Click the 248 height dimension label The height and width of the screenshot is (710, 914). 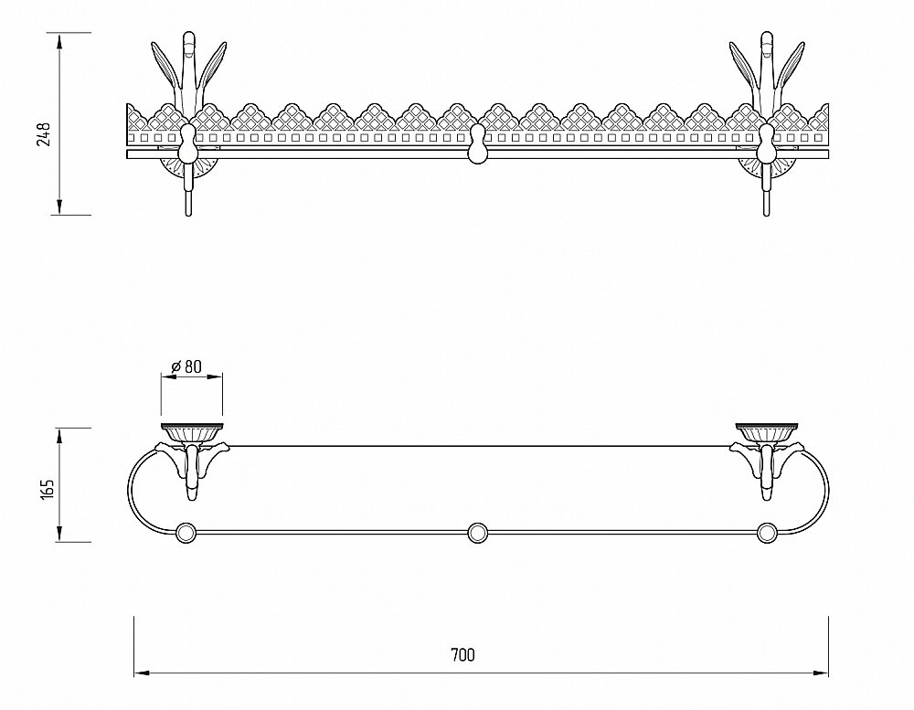click(44, 134)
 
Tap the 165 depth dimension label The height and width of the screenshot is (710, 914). click(48, 489)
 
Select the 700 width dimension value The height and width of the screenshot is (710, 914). click(462, 655)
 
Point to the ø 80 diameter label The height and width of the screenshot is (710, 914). click(186, 366)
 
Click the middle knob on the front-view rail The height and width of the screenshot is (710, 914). click(477, 144)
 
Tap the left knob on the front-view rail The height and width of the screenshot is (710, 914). click(187, 144)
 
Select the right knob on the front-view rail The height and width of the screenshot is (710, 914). click(766, 144)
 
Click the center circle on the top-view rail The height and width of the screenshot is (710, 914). click(477, 533)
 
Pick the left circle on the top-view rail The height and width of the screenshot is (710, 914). click(186, 533)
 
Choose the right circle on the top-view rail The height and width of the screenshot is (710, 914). click(767, 533)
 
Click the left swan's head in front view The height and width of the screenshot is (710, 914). click(189, 42)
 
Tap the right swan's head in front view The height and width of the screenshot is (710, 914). click(767, 42)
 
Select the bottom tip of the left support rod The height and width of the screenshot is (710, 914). click(187, 216)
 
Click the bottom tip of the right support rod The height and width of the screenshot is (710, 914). click(766, 216)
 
